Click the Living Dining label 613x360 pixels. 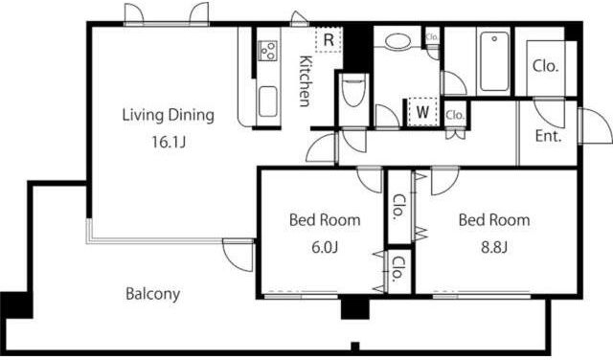click(169, 115)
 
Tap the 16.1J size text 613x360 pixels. click(169, 143)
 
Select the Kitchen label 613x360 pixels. click(306, 81)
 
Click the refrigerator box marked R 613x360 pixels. click(329, 39)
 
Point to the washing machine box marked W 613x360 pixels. click(422, 112)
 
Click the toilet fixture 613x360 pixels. click(353, 91)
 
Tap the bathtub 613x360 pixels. click(494, 61)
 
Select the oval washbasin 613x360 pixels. click(397, 41)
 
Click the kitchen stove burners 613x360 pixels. click(267, 51)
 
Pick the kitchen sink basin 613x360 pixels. click(268, 101)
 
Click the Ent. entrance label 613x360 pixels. click(548, 136)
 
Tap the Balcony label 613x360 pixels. click(153, 294)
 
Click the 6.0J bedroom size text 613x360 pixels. click(325, 247)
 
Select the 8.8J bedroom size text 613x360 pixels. click(494, 247)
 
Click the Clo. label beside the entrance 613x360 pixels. click(545, 66)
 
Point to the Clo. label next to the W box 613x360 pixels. click(455, 115)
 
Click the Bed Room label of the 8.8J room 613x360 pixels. click(494, 220)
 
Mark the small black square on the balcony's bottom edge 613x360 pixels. click(355, 347)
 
